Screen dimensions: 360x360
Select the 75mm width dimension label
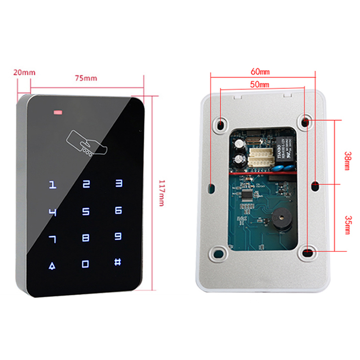tap(85, 78)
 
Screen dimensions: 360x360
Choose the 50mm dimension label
tap(260, 85)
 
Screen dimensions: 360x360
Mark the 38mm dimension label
tap(346, 160)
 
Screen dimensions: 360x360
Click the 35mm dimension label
tap(346, 225)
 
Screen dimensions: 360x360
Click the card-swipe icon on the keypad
tap(87, 143)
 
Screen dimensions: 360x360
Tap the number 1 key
tap(53, 184)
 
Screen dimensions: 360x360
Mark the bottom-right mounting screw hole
tap(306, 252)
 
